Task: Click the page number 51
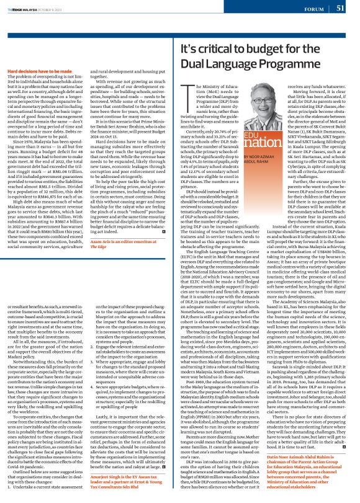point(340,9)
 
